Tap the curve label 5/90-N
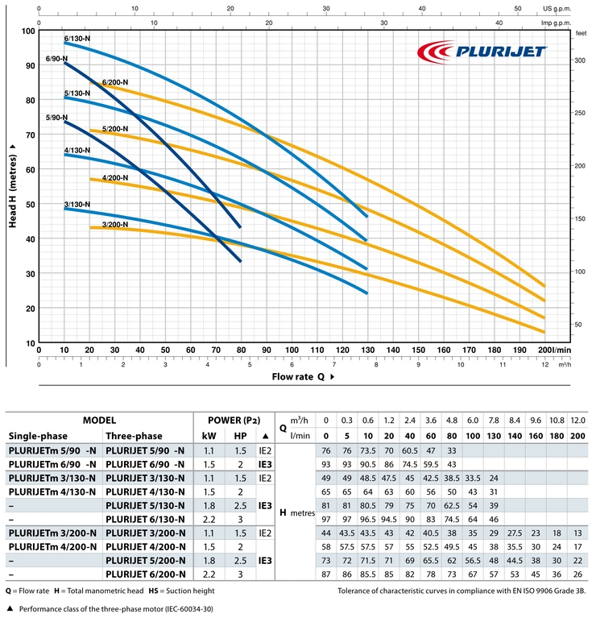56,118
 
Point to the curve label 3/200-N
115,223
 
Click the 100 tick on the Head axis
30,31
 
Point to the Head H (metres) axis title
14,185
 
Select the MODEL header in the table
100,421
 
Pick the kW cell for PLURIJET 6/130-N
209,519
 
